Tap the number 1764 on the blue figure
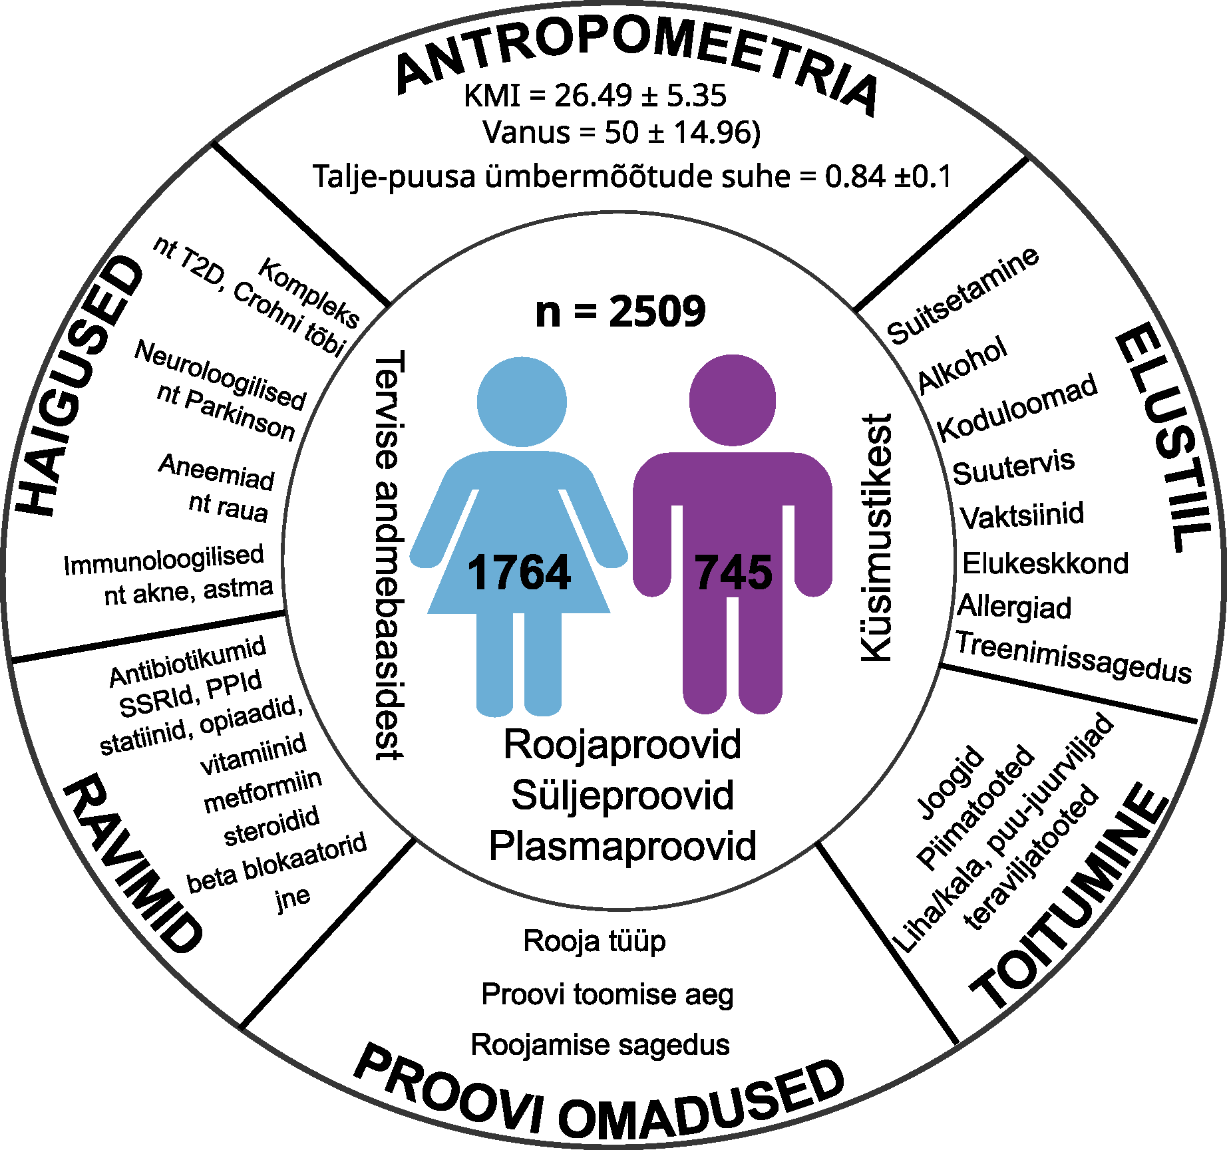pos(518,573)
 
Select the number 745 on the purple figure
pos(733,573)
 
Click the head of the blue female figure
pos(522,402)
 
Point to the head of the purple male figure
pos(733,399)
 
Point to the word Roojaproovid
pos(622,744)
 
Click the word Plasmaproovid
pos(622,846)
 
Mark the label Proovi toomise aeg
pos(608,995)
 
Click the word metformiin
pos(263,791)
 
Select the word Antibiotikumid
pos(188,661)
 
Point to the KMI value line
pos(595,96)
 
